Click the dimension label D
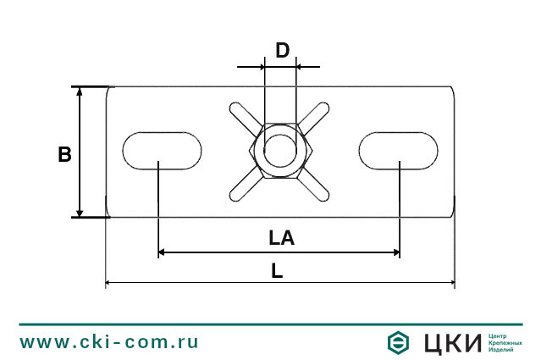[x=283, y=50]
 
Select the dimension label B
[x=64, y=154]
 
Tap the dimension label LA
[x=281, y=239]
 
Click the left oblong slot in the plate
[x=163, y=150]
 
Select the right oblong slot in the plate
[x=399, y=150]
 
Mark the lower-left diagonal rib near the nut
[x=240, y=188]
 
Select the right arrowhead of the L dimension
[x=450, y=283]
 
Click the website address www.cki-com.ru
[x=109, y=342]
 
